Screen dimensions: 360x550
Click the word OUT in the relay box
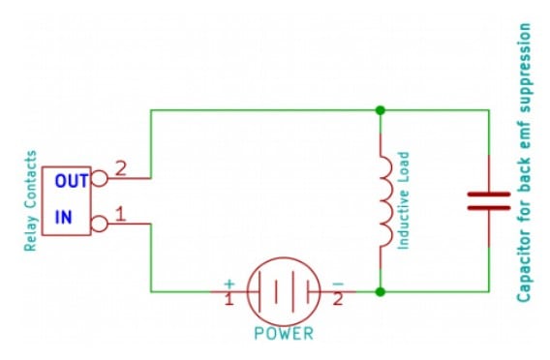tap(71, 181)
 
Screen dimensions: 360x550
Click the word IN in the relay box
tap(63, 219)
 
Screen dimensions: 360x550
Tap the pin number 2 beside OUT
tap(121, 167)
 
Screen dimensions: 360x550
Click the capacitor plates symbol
tap(488, 200)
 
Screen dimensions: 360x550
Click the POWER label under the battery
tap(284, 334)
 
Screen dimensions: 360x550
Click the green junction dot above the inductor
tap(381, 110)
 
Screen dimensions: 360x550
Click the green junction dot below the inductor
tap(381, 290)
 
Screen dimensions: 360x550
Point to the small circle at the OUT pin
tap(100, 179)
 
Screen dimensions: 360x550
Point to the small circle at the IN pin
tap(100, 225)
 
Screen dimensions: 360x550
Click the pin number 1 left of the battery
tap(229, 300)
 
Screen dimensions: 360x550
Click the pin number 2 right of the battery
tap(338, 300)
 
